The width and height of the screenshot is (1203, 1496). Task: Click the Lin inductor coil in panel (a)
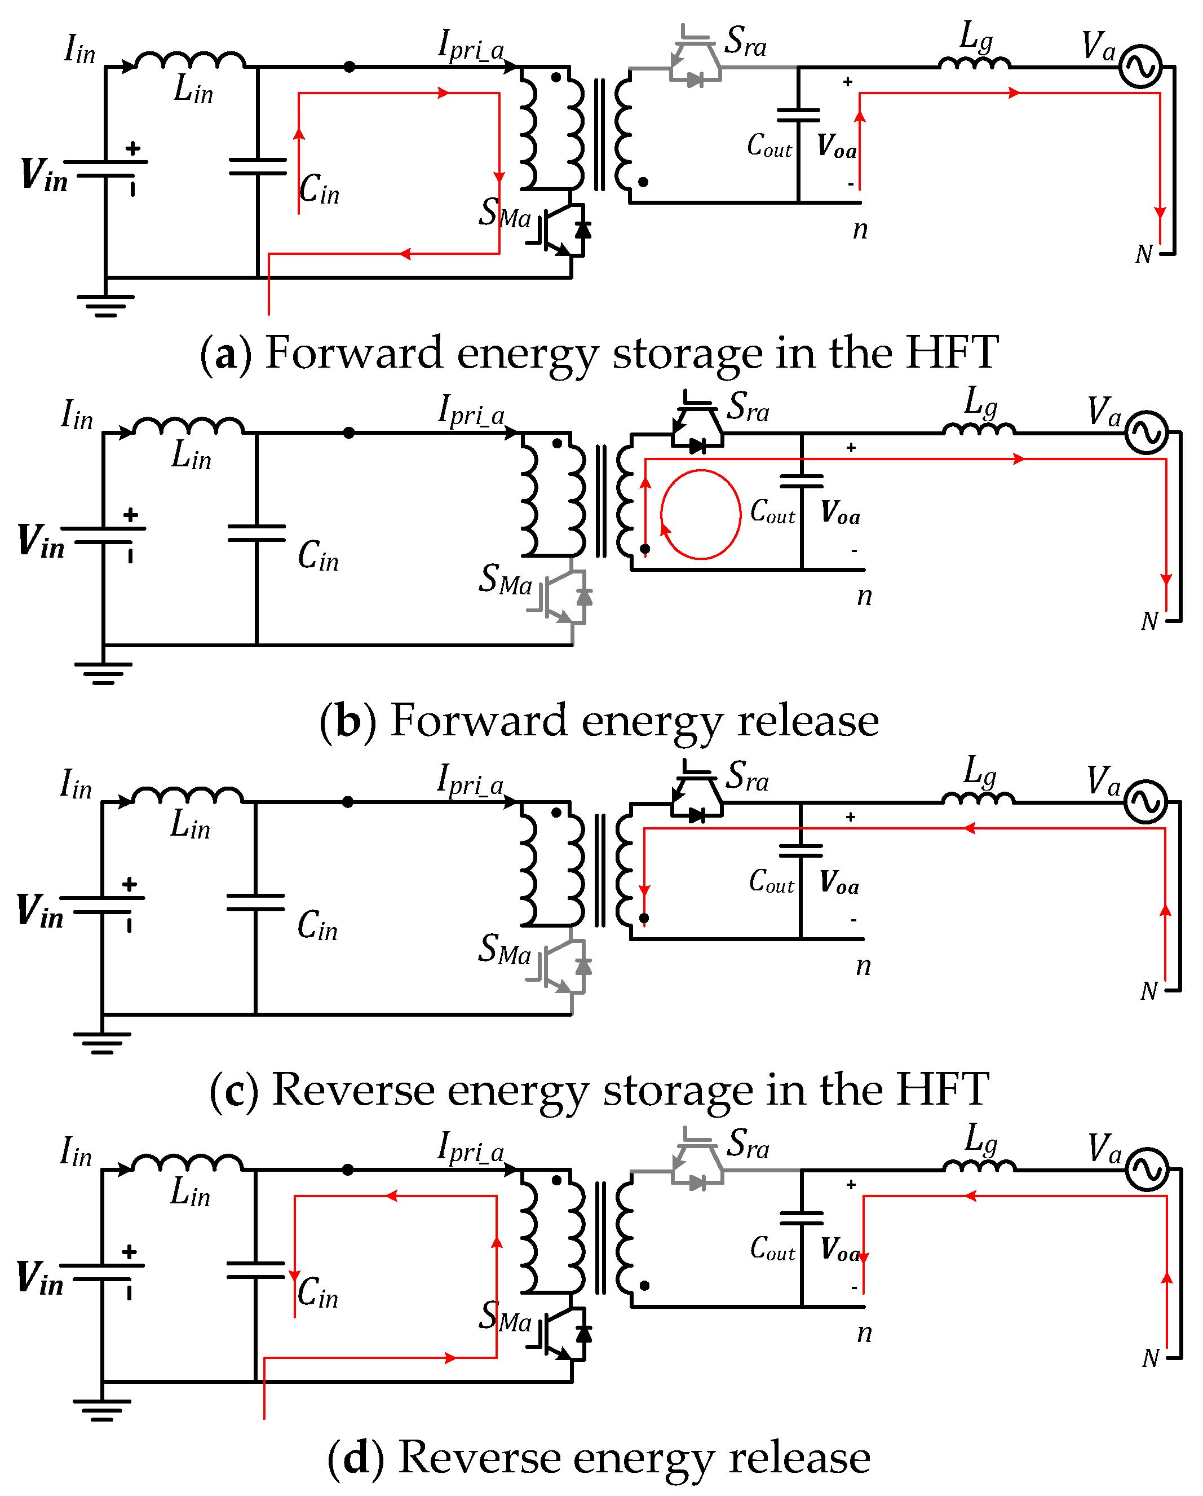[x=189, y=61]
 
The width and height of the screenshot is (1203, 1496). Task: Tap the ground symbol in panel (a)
[x=105, y=304]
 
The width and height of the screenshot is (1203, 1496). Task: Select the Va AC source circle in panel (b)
[x=1146, y=434]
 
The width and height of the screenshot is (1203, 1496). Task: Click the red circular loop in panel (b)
[x=701, y=514]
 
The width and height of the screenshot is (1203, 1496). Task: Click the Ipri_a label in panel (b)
[x=472, y=411]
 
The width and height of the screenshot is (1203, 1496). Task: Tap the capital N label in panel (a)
[x=1144, y=254]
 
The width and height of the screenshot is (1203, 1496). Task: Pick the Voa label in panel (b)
[x=840, y=513]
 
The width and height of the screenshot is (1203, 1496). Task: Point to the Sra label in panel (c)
[x=747, y=776]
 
